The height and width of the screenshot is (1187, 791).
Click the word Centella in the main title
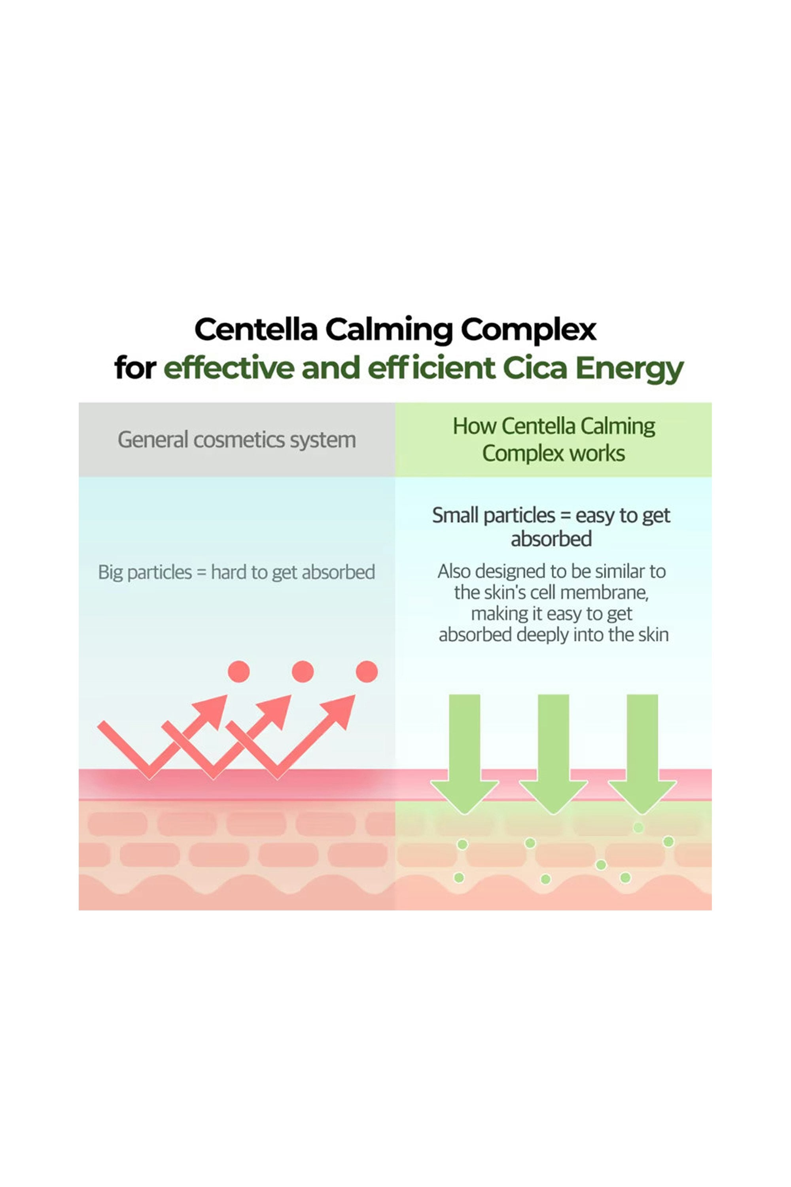click(x=256, y=330)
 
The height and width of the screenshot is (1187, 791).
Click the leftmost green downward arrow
click(x=464, y=757)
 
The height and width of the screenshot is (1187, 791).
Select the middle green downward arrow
click(x=553, y=757)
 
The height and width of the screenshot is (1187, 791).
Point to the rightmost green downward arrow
click(x=642, y=757)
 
